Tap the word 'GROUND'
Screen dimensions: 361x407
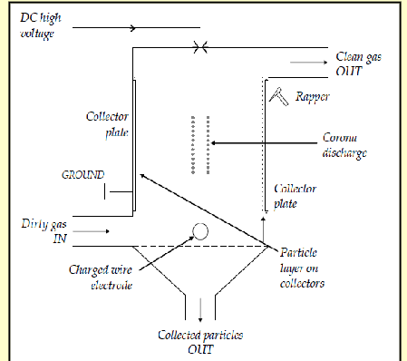point(82,174)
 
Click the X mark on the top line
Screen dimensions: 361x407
point(199,46)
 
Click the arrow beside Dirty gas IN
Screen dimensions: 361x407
point(96,232)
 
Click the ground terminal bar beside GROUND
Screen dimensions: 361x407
point(109,190)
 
